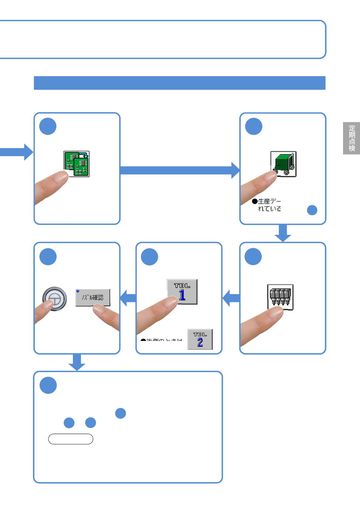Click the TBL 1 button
(x=182, y=292)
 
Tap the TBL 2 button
(x=200, y=339)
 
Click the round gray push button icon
(x=54, y=299)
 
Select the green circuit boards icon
(x=77, y=164)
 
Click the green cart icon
(x=283, y=164)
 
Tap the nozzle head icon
(x=280, y=297)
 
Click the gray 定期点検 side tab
(x=352, y=138)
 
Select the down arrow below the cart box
(x=283, y=233)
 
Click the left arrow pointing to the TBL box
(x=231, y=298)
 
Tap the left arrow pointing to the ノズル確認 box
(x=128, y=298)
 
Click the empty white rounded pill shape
(x=71, y=439)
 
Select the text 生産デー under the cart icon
(x=269, y=201)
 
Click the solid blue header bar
(x=180, y=83)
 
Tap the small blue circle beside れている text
(x=312, y=210)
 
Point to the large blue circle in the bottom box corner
(x=48, y=385)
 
